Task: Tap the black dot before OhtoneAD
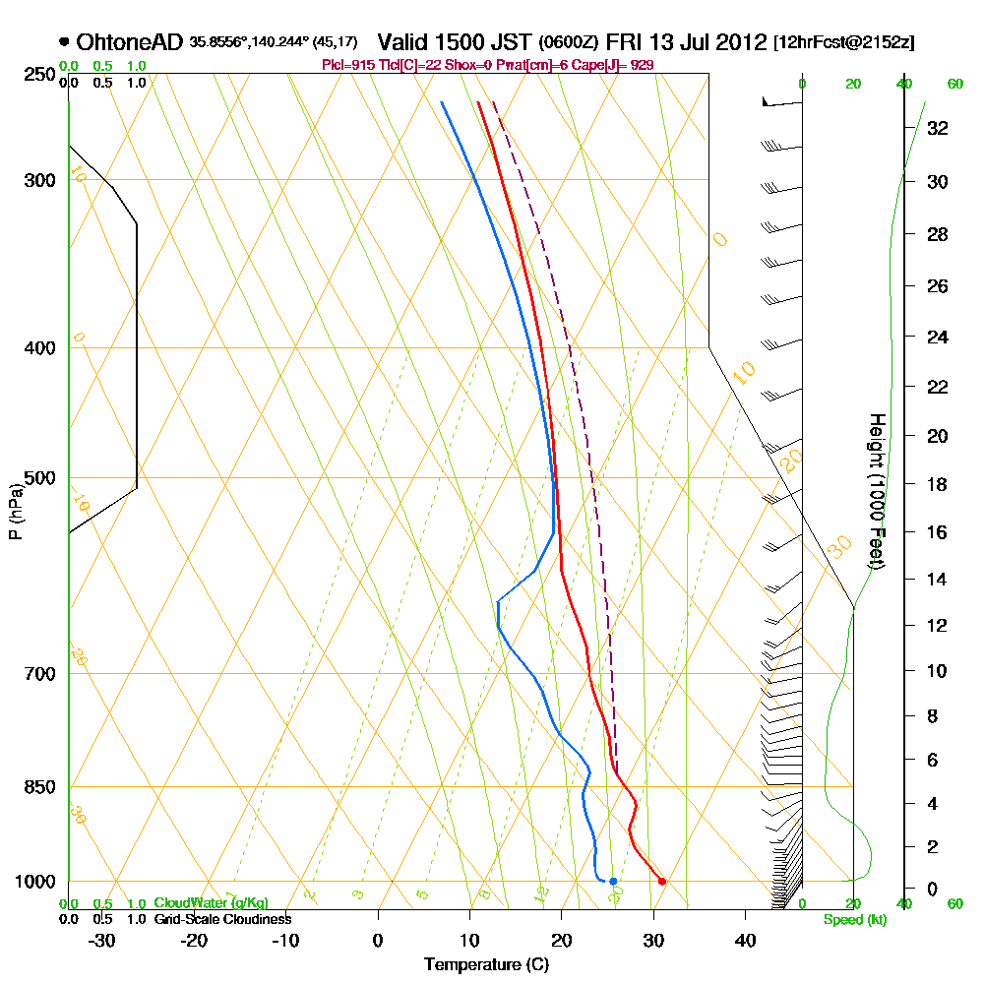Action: point(64,42)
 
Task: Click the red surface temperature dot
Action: point(662,881)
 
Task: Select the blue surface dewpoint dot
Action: point(613,881)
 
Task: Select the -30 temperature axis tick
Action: point(102,940)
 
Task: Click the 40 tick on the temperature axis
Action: point(746,940)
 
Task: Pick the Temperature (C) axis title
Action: point(486,965)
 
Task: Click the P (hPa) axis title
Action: point(15,511)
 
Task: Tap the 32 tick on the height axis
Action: point(938,128)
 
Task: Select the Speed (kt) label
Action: point(852,920)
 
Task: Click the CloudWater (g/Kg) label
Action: point(210,903)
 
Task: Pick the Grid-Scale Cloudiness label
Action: point(221,919)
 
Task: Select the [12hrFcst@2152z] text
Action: point(843,42)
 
